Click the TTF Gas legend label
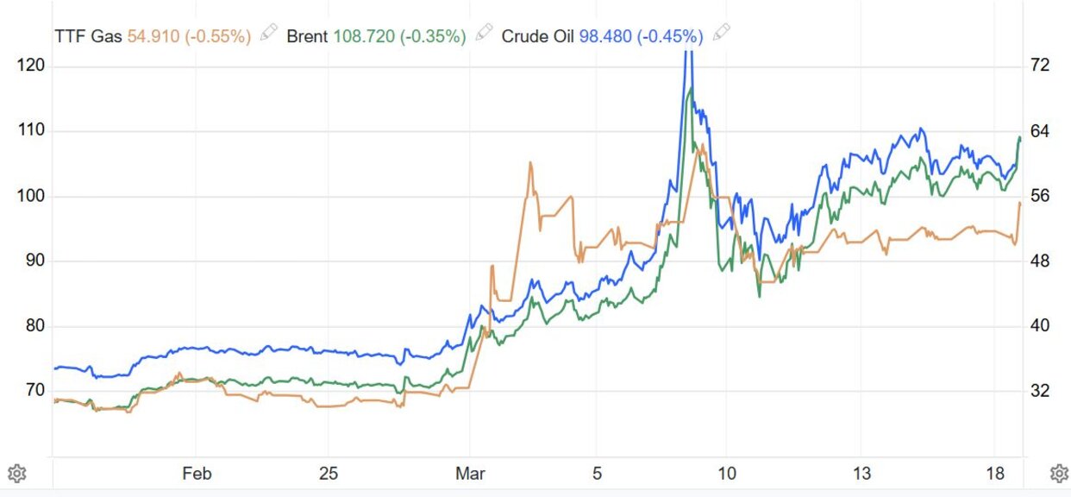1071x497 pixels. (89, 36)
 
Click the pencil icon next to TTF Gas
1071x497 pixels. (269, 34)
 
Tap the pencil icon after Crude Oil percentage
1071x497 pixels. (721, 34)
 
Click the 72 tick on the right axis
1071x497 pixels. (1040, 66)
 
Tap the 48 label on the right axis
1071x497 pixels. (1040, 261)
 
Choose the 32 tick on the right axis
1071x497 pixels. (1040, 391)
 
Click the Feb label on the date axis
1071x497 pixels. (197, 474)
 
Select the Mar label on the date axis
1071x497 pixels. (470, 474)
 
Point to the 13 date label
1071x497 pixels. (861, 474)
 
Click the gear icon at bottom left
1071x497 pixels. (16, 474)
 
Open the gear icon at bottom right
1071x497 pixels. (1059, 474)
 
